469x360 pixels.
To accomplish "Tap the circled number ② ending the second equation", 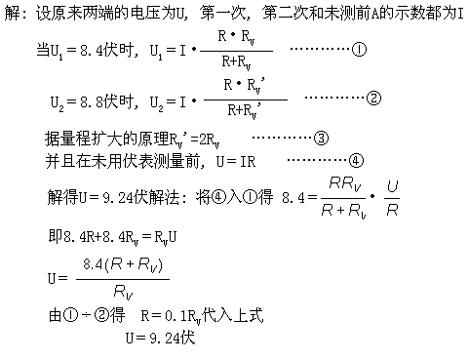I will click(x=373, y=99).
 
